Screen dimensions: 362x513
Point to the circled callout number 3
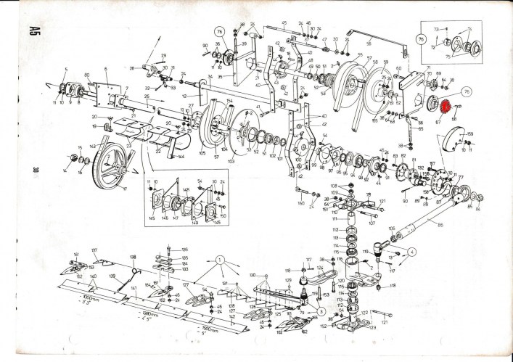coord(321,310)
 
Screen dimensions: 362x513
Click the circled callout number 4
coord(411,252)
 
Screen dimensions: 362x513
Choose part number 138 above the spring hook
coord(132,257)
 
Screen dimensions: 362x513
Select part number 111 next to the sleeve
coord(335,218)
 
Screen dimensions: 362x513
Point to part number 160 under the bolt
coord(301,204)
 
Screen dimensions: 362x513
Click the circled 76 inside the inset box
coord(422,40)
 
